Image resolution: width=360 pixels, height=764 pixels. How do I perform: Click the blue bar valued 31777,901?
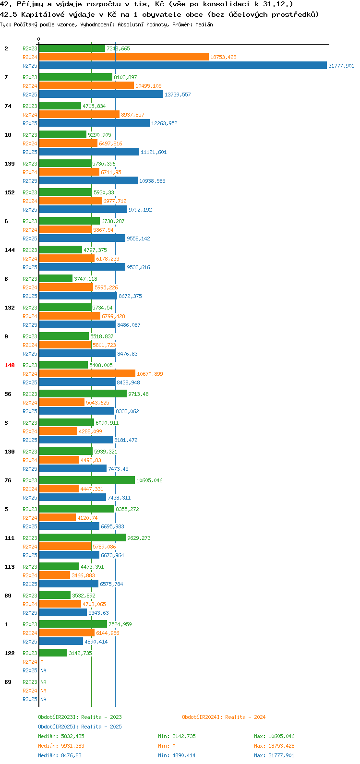pyautogui.click(x=183, y=65)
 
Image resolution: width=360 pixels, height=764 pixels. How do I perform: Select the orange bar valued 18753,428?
pyautogui.click(x=124, y=57)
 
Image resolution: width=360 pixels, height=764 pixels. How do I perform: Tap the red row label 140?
pyautogui.click(x=10, y=365)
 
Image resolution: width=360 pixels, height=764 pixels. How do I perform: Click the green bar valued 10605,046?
pyautogui.click(x=87, y=480)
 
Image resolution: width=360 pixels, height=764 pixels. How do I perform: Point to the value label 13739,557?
pyautogui.click(x=178, y=95)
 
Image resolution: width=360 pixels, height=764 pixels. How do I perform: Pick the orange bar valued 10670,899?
pyautogui.click(x=87, y=374)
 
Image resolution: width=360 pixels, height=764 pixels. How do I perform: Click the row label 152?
pyautogui.click(x=10, y=192)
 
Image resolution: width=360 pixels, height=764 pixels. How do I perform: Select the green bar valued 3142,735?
pyautogui.click(x=53, y=653)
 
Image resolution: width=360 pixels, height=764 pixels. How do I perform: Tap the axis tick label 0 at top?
pyautogui.click(x=38, y=39)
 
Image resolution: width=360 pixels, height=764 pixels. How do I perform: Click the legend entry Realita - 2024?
pyautogui.click(x=224, y=717)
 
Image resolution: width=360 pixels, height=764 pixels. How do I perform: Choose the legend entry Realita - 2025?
pyautogui.click(x=80, y=727)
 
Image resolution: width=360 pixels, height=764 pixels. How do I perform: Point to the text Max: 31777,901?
pyautogui.click(x=274, y=755)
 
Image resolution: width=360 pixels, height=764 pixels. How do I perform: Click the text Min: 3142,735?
pyautogui.click(x=177, y=736)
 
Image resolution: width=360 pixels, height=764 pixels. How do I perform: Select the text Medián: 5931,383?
pyautogui.click(x=61, y=746)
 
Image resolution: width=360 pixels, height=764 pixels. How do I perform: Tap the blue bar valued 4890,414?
pyautogui.click(x=61, y=642)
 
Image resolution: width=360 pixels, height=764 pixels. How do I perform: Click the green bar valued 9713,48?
pyautogui.click(x=83, y=394)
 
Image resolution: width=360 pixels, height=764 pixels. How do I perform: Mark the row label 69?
pyautogui.click(x=8, y=682)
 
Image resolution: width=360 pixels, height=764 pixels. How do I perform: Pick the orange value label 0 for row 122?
pyautogui.click(x=42, y=662)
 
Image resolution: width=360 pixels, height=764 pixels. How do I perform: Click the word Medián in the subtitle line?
pyautogui.click(x=204, y=24)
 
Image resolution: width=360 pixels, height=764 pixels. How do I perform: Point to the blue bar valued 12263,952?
pyautogui.click(x=95, y=123)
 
